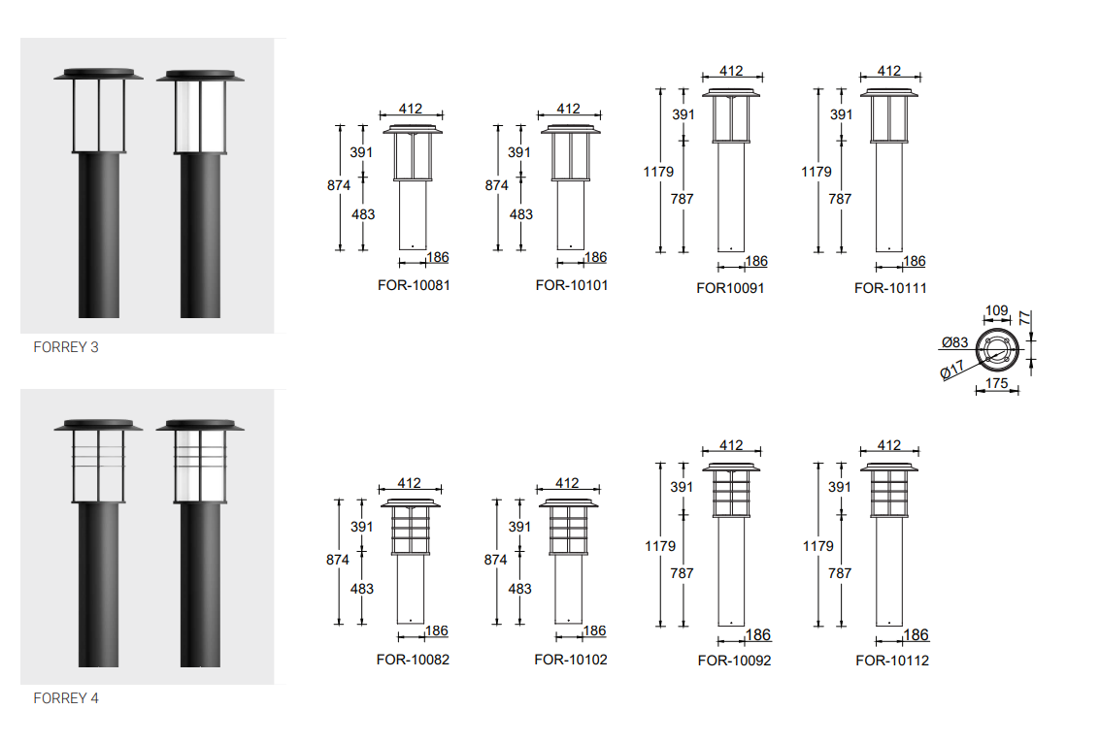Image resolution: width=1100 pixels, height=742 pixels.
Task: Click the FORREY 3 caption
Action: tap(66, 347)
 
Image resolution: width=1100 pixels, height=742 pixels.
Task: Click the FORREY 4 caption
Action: tap(66, 697)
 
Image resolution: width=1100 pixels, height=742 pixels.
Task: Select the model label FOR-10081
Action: tap(414, 285)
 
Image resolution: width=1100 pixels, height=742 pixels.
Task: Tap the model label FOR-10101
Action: tap(572, 285)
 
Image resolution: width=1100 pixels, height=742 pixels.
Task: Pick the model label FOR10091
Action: tap(730, 288)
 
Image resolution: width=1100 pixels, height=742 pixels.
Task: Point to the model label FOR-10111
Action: tap(890, 288)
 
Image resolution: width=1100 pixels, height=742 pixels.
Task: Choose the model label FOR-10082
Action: tap(413, 660)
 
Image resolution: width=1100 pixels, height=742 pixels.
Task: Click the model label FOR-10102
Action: tap(570, 660)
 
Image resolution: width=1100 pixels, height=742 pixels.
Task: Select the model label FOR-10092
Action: tap(735, 660)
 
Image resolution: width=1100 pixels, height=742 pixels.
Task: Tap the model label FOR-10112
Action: tap(892, 660)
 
